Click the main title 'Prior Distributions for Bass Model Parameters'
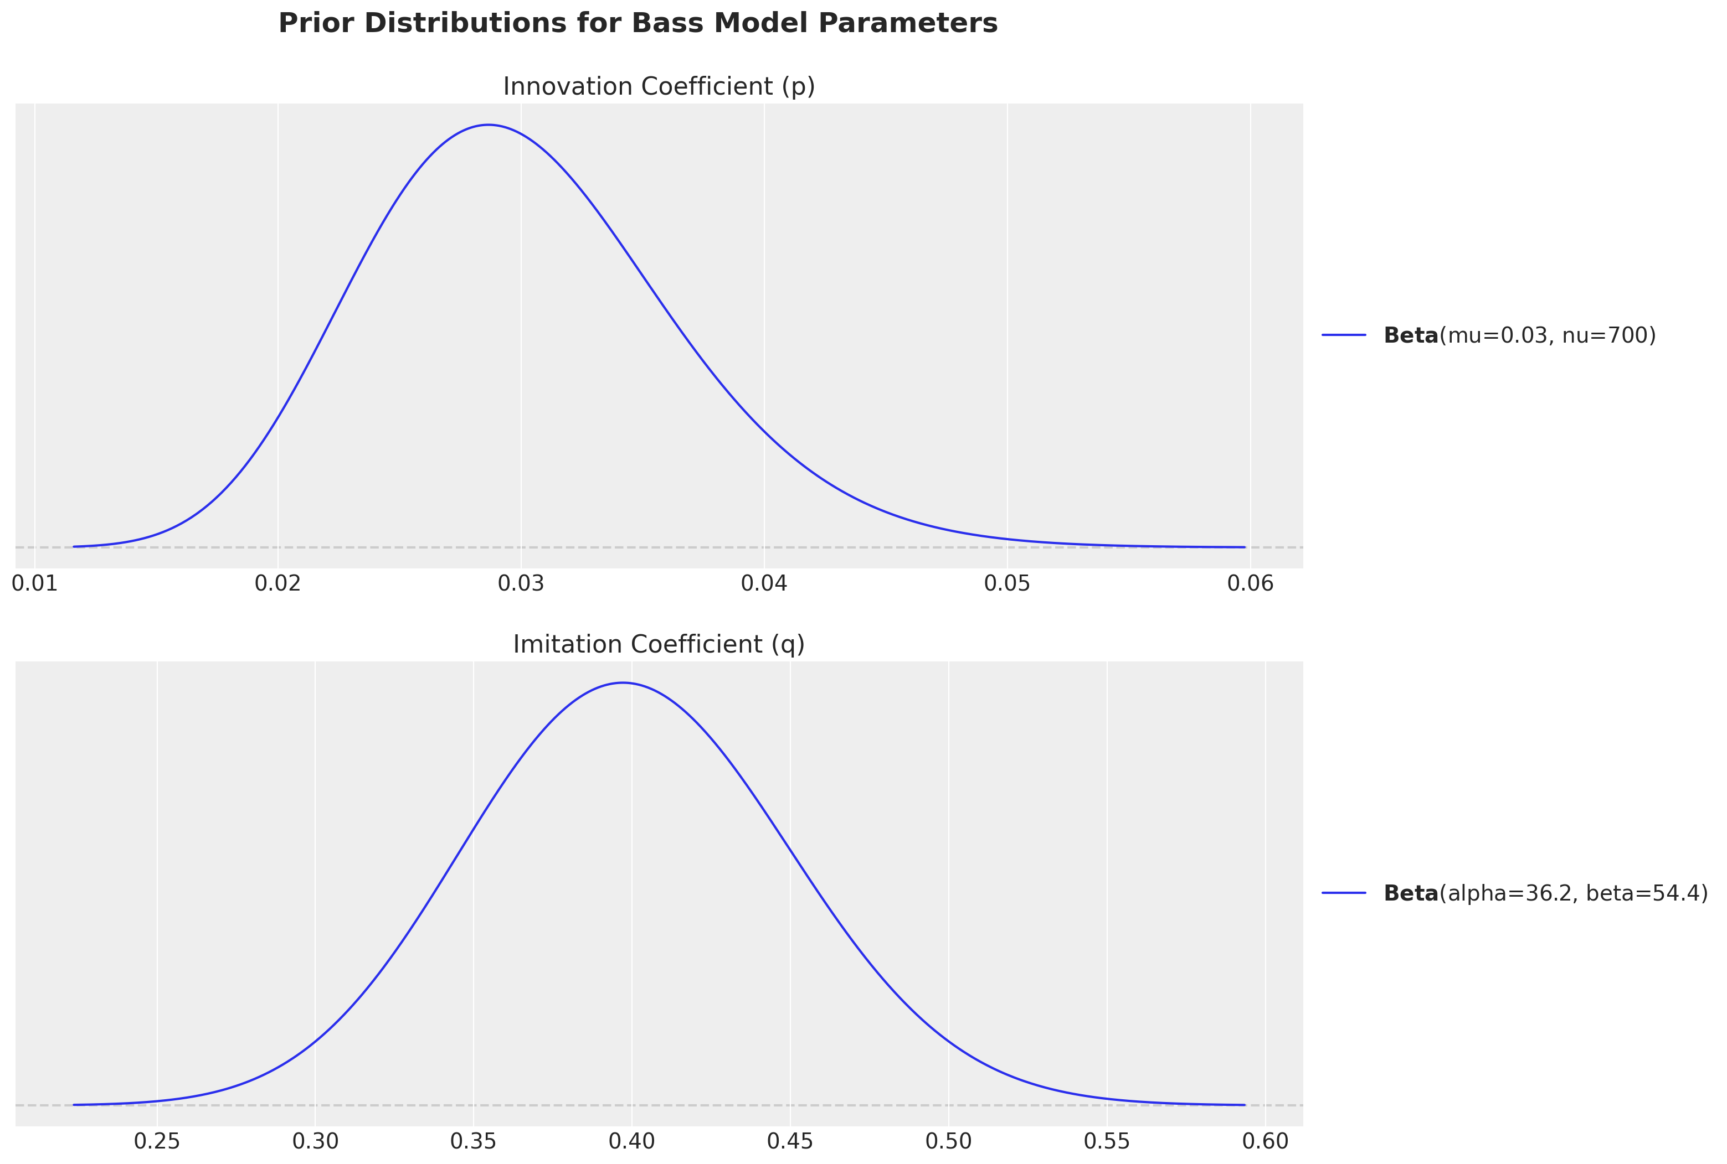point(638,24)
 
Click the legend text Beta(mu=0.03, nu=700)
point(1519,335)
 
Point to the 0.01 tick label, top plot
point(34,583)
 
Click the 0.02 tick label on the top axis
point(278,583)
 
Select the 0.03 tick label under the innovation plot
point(521,583)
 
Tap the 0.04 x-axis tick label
point(764,583)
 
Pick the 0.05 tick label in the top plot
point(1007,583)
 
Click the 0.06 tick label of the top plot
point(1250,583)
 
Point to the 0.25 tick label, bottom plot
point(157,1141)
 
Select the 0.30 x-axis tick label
point(315,1141)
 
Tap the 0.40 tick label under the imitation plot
point(632,1141)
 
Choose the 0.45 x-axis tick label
point(790,1141)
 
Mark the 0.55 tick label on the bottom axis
point(1107,1141)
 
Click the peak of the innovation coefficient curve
point(488,125)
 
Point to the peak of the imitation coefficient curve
point(623,682)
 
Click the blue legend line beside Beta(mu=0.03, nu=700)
point(1344,335)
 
